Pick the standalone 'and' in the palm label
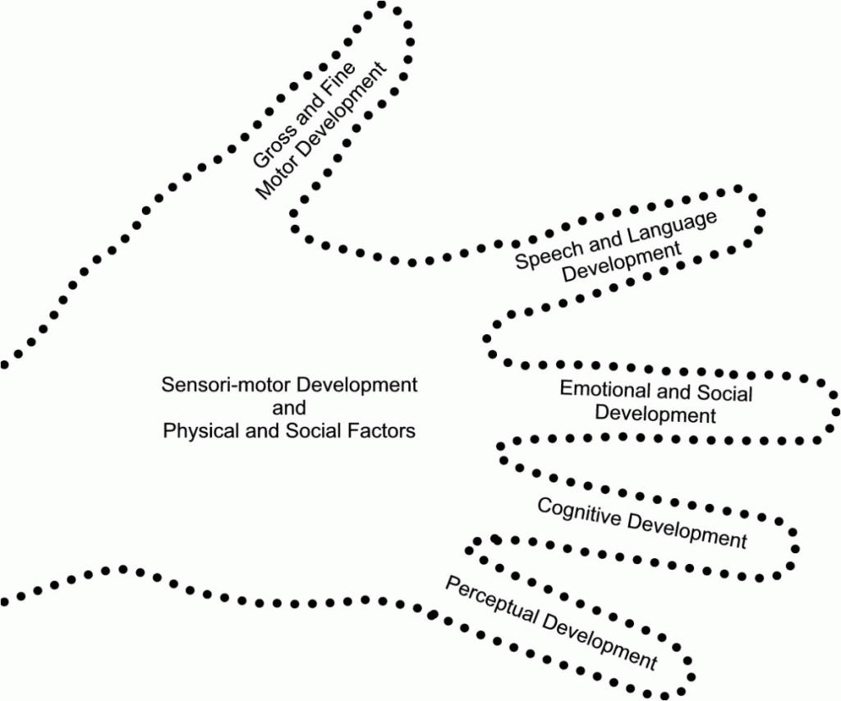pyautogui.click(x=289, y=408)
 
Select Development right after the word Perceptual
pyautogui.click(x=599, y=640)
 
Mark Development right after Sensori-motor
pyautogui.click(x=356, y=385)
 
